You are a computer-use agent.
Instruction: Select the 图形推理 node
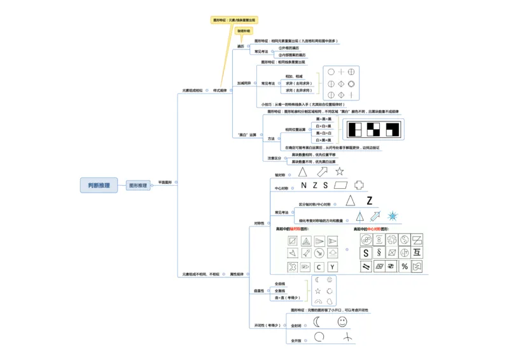[x=138, y=186]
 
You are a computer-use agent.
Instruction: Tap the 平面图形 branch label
[x=164, y=183]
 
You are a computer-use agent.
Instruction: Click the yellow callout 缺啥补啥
[x=244, y=31]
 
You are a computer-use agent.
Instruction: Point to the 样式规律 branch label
[x=220, y=90]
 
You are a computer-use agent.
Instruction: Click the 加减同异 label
[x=245, y=83]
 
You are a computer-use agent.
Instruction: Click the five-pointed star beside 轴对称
[x=340, y=171]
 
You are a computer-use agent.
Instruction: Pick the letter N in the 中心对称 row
[x=303, y=186]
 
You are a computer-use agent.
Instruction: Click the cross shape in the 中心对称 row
[x=359, y=185]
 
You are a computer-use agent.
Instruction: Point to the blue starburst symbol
[x=393, y=216]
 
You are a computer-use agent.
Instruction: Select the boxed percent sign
[x=403, y=267]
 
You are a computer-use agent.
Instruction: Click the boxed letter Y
[x=333, y=267]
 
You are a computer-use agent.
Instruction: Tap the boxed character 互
[x=417, y=253]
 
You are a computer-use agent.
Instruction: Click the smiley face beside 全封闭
[x=342, y=322]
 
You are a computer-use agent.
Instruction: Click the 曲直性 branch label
[x=259, y=291]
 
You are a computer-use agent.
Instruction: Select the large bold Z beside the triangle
[x=370, y=200]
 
